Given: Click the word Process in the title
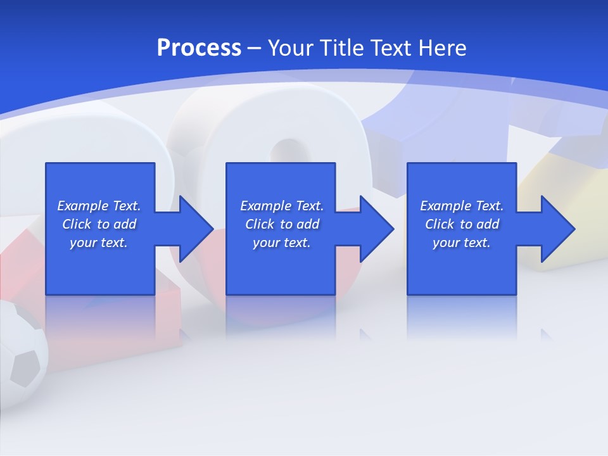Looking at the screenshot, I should click(x=199, y=48).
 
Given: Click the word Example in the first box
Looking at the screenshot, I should click(x=83, y=206).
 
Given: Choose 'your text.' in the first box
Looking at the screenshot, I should click(x=99, y=243).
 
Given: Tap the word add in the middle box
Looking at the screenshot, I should click(x=308, y=224).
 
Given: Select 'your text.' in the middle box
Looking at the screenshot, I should click(x=282, y=243).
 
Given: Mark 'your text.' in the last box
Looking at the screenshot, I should click(x=462, y=243).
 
